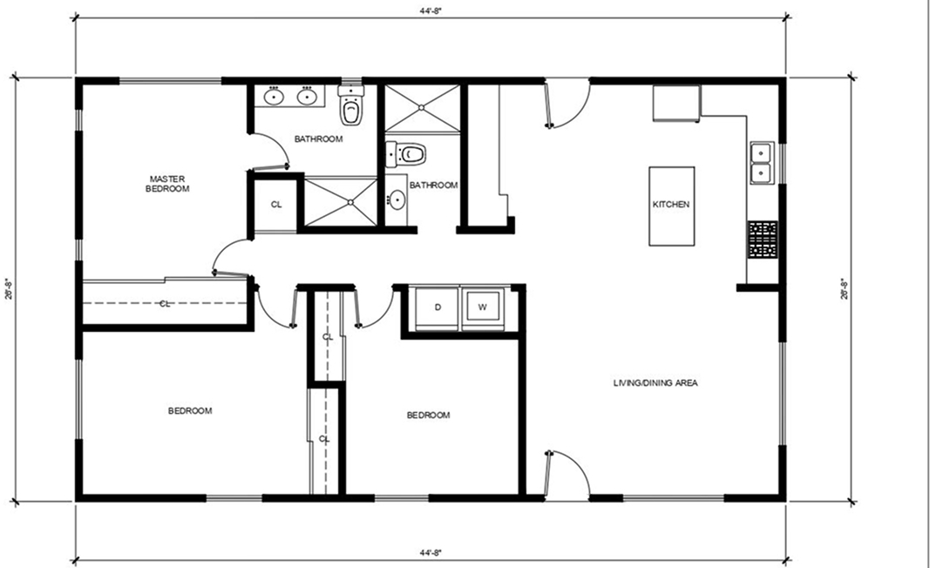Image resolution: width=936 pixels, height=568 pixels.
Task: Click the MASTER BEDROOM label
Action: click(x=168, y=184)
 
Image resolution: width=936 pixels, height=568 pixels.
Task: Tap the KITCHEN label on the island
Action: click(x=671, y=205)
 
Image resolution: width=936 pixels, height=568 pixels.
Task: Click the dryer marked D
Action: click(x=438, y=308)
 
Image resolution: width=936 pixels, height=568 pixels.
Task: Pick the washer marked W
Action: click(x=482, y=308)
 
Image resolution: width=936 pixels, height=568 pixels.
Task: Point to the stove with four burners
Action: click(x=762, y=240)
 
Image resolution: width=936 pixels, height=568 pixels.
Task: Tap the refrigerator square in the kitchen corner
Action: click(x=676, y=105)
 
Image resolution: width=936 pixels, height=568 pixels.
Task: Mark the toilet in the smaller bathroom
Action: click(x=410, y=155)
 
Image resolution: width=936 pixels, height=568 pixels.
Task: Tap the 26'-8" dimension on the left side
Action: click(x=9, y=288)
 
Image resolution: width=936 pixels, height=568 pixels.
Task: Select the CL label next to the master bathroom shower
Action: click(x=276, y=205)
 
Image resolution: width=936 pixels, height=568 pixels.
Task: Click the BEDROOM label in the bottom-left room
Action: click(x=190, y=411)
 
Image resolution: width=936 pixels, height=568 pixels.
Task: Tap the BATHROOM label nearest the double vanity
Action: click(x=317, y=139)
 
